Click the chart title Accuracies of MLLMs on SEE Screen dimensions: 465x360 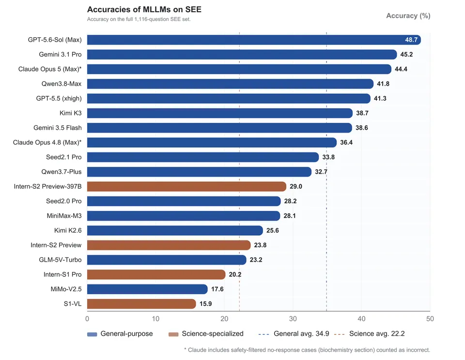pyautogui.click(x=144, y=10)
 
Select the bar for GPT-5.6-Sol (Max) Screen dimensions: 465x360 pyautogui.click(x=254, y=40)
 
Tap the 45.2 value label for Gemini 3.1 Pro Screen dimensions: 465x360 pyautogui.click(x=406, y=55)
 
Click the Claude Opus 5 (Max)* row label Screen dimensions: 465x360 pyautogui.click(x=50, y=69)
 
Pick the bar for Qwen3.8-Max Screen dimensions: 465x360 pyautogui.click(x=230, y=84)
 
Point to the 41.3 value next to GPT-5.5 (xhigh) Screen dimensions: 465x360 pyautogui.click(x=380, y=98)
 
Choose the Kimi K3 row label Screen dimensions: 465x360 pyautogui.click(x=70, y=113)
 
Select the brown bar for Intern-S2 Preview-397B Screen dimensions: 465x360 pyautogui.click(x=186, y=186)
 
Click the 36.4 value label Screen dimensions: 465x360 pyautogui.click(x=346, y=143)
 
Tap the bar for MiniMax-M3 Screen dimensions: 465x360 pyautogui.click(x=184, y=216)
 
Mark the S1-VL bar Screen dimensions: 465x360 pyautogui.click(x=141, y=304)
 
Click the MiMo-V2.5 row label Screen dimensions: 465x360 pyautogui.click(x=66, y=289)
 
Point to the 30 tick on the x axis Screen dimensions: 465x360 pyautogui.click(x=293, y=319)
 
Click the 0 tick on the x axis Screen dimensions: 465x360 pyautogui.click(x=87, y=319)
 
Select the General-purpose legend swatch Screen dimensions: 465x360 pyautogui.click(x=92, y=334)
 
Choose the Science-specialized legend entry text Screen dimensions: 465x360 pyautogui.click(x=213, y=334)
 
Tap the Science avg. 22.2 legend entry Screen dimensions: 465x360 pyautogui.click(x=369, y=334)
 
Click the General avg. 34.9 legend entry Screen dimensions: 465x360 pyautogui.click(x=294, y=334)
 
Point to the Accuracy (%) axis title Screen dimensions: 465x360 pyautogui.click(x=408, y=15)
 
